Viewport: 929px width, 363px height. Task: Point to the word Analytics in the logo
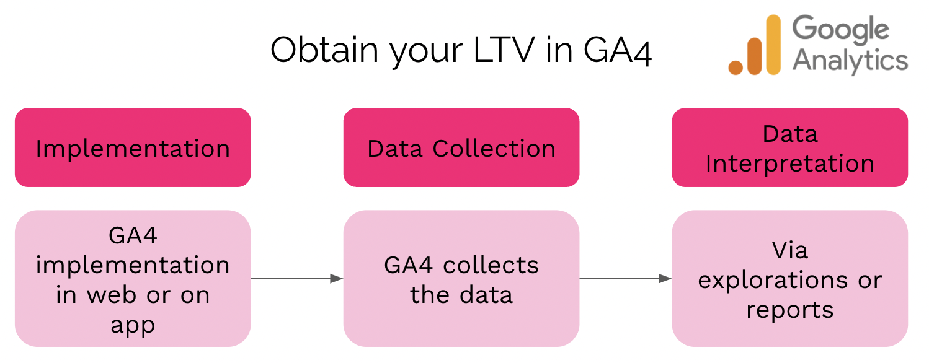tap(850, 61)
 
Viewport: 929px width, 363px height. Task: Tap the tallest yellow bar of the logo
tap(773, 45)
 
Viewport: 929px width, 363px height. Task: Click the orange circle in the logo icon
tap(736, 67)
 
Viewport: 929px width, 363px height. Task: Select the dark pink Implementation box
tap(133, 148)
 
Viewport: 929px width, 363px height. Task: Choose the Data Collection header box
tap(461, 148)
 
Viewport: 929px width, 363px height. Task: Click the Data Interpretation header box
tap(789, 148)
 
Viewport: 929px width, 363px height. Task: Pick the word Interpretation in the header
tap(789, 164)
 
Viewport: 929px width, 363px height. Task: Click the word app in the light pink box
tap(133, 324)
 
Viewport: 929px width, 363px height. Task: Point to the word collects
tap(491, 265)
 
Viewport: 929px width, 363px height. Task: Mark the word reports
tap(789, 310)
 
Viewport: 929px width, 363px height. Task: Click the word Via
tap(789, 250)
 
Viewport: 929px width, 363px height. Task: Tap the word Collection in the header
tap(494, 149)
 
